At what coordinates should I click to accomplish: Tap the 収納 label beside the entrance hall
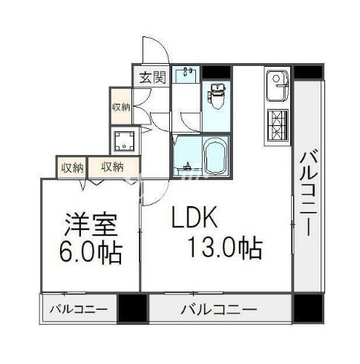(121, 107)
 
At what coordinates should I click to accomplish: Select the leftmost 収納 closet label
(72, 166)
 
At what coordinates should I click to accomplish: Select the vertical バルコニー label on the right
(308, 191)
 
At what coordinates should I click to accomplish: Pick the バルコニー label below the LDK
(218, 308)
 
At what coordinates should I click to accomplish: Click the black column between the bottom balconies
(132, 307)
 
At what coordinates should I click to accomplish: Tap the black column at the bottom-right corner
(307, 307)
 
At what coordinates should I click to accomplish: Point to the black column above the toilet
(216, 72)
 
